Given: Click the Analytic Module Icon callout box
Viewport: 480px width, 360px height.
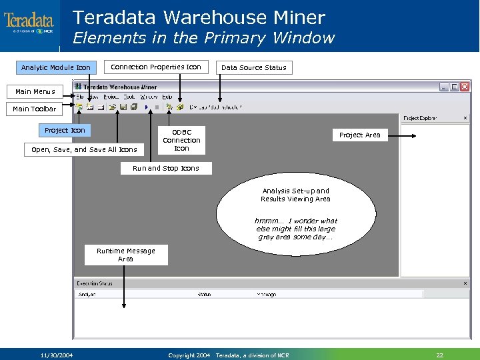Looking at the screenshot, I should (x=56, y=67).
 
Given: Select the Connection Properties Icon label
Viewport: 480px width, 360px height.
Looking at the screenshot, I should (x=155, y=67).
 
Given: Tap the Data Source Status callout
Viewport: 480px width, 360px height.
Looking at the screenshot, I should (x=253, y=67).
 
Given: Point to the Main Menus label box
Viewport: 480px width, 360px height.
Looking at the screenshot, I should (x=35, y=91).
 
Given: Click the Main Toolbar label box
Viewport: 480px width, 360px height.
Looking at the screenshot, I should (x=35, y=109).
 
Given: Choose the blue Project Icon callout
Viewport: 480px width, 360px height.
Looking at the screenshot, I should (x=65, y=130).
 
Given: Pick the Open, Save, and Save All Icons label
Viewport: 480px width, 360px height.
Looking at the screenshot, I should (x=84, y=149).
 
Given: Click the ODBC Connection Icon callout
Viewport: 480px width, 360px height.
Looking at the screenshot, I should (x=181, y=140).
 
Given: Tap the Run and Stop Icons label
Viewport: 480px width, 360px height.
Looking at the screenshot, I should (x=165, y=168).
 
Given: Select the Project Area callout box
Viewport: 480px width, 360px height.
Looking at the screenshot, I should (x=359, y=135).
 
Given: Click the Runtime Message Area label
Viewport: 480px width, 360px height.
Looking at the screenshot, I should (x=125, y=255).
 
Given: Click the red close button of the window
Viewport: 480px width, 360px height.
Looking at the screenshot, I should (x=463, y=87).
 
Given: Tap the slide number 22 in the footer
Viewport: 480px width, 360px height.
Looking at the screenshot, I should (x=439, y=355).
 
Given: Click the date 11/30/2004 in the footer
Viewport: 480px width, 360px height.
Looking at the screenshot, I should (x=57, y=355).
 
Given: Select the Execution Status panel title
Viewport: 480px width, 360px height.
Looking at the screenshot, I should (x=95, y=283).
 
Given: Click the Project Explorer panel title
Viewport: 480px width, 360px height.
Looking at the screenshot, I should (x=420, y=118).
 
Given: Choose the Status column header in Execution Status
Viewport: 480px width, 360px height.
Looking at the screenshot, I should (x=205, y=294).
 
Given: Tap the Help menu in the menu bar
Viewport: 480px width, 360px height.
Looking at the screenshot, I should (x=167, y=97).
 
